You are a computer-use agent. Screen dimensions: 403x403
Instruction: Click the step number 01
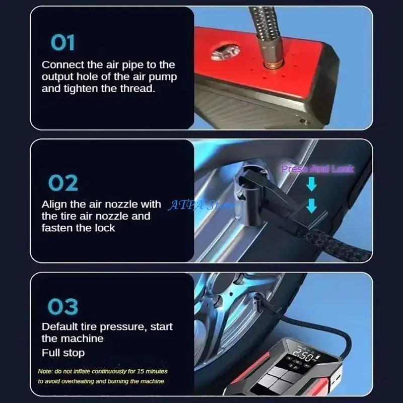62,43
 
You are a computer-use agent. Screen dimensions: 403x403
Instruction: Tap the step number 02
63,183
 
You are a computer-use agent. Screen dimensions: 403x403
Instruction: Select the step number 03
63,306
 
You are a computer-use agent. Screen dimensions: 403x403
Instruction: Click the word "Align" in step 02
54,205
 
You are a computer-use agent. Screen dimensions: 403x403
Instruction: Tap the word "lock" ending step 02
105,228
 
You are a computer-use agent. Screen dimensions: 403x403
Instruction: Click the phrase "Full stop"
63,353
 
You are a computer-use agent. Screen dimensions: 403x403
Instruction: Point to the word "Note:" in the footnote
45,371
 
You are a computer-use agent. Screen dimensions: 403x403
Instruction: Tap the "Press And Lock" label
317,169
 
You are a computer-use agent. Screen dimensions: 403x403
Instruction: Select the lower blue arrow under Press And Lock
312,206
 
